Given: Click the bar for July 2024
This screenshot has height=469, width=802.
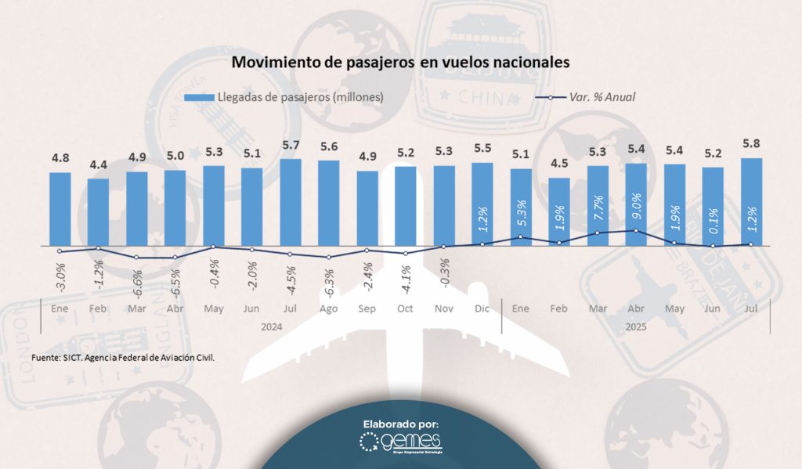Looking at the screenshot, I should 291,202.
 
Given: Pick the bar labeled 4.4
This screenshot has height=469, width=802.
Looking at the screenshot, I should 98,211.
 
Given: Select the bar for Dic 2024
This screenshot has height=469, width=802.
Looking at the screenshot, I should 482,204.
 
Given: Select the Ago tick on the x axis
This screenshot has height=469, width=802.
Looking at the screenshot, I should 329,308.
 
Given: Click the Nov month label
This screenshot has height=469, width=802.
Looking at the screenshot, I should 444,308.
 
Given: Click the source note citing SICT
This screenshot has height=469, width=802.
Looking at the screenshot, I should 123,357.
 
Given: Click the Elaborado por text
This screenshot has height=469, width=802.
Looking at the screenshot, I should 401,424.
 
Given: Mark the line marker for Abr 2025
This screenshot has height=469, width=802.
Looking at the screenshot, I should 636,230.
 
